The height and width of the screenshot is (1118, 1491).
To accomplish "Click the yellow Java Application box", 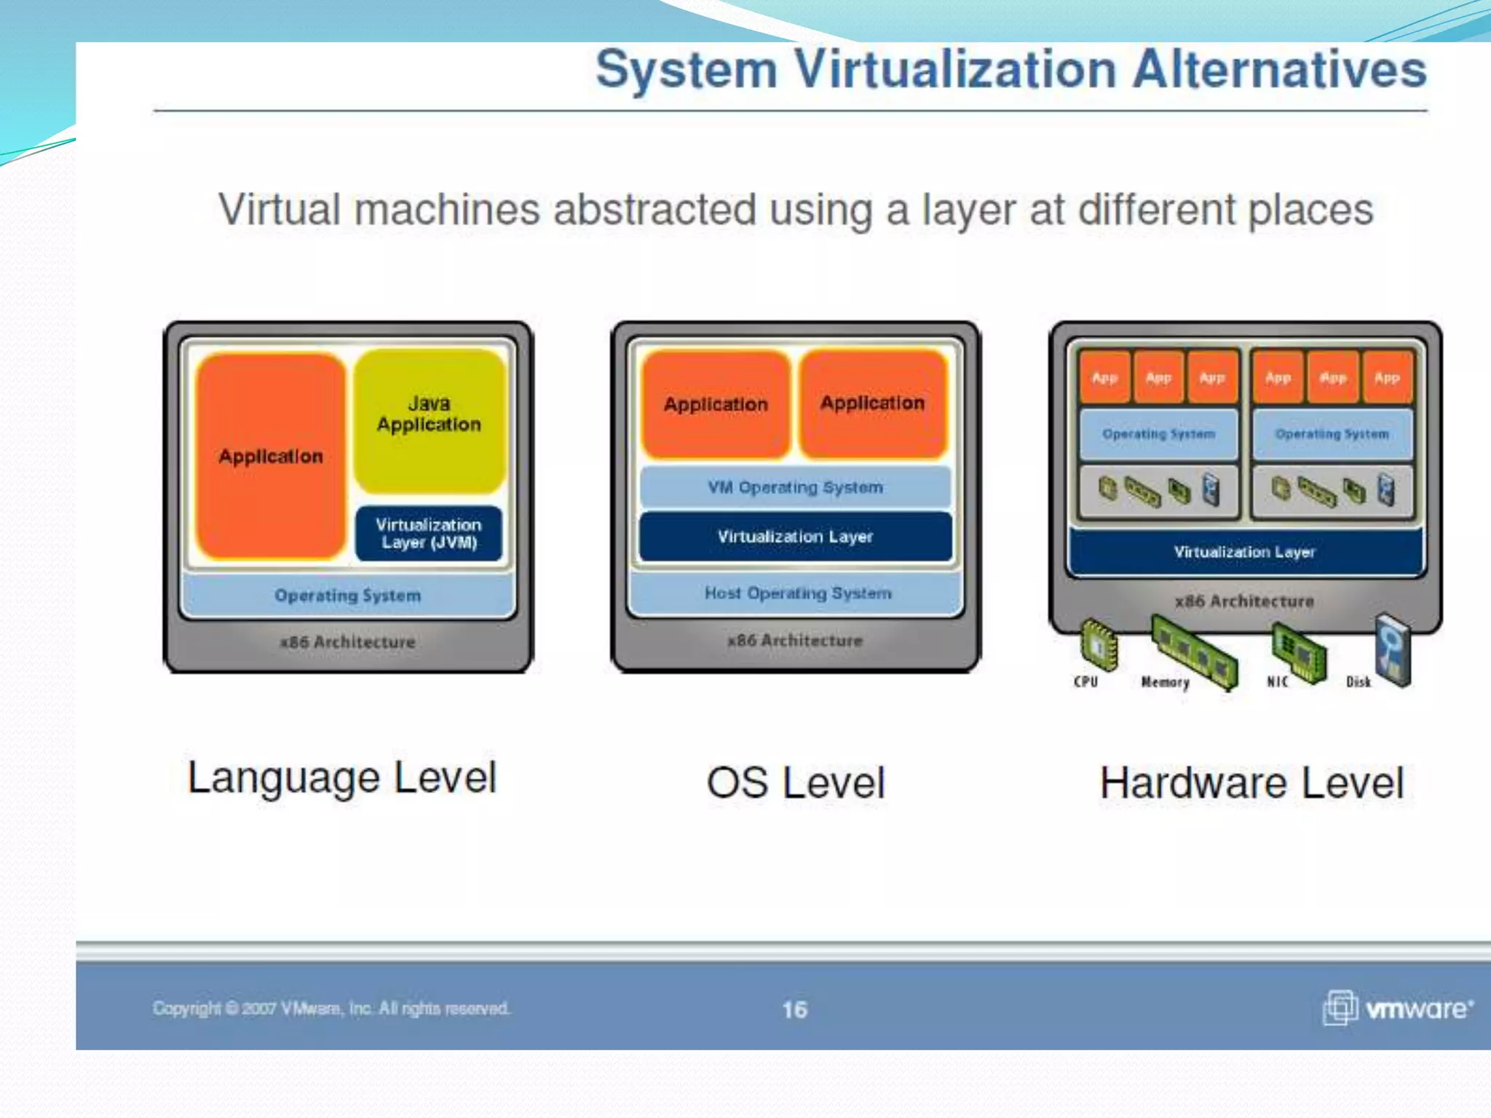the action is [x=430, y=420].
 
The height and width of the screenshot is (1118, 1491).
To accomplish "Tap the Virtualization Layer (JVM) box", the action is [x=429, y=534].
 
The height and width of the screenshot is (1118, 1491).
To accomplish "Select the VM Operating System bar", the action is [x=795, y=487].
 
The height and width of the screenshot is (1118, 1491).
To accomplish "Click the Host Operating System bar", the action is [x=797, y=593].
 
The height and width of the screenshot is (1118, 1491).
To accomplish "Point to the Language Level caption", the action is [x=342, y=777].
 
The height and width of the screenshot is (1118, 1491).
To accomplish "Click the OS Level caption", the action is [x=796, y=782].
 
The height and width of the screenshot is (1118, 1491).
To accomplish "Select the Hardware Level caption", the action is [x=1251, y=782].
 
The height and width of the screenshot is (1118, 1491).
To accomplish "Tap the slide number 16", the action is [x=794, y=1010].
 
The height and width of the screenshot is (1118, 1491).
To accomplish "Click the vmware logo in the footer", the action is [x=1398, y=1008].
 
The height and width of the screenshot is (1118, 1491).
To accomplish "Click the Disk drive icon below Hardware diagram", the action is [x=1393, y=650].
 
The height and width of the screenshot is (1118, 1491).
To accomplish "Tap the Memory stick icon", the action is [x=1195, y=651].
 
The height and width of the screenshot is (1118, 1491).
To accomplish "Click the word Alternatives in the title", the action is [x=1279, y=70].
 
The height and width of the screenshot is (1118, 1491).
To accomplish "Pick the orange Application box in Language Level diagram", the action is [x=271, y=456].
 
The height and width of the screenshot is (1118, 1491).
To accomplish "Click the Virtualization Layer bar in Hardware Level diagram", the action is [x=1244, y=552].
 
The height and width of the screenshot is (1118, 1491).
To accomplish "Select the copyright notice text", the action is [x=331, y=1008].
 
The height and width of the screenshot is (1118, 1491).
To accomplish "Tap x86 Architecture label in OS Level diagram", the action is [x=795, y=641].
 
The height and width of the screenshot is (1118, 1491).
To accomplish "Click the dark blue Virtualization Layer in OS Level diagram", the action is [x=795, y=536].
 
